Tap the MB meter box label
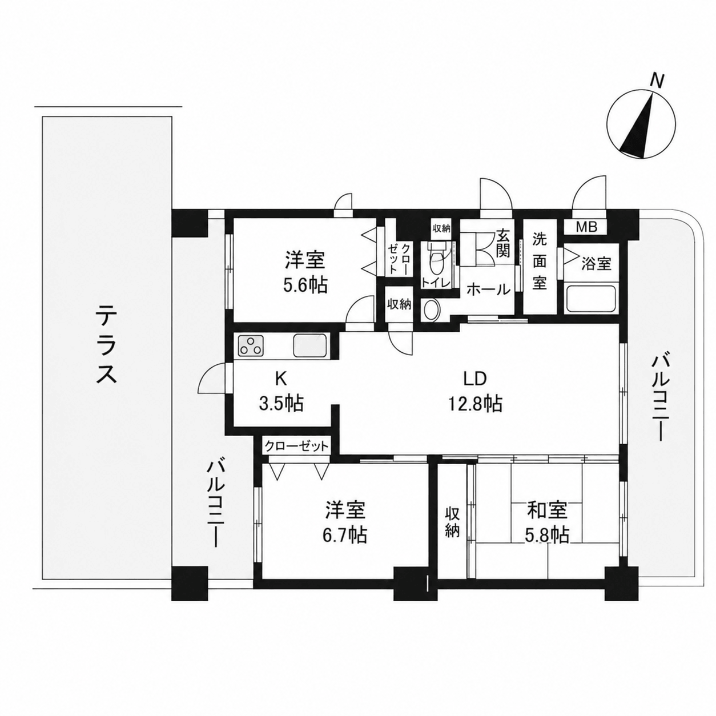click(x=586, y=227)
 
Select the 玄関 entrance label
click(x=504, y=244)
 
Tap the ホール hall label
click(x=488, y=289)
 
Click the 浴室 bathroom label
click(x=596, y=264)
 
